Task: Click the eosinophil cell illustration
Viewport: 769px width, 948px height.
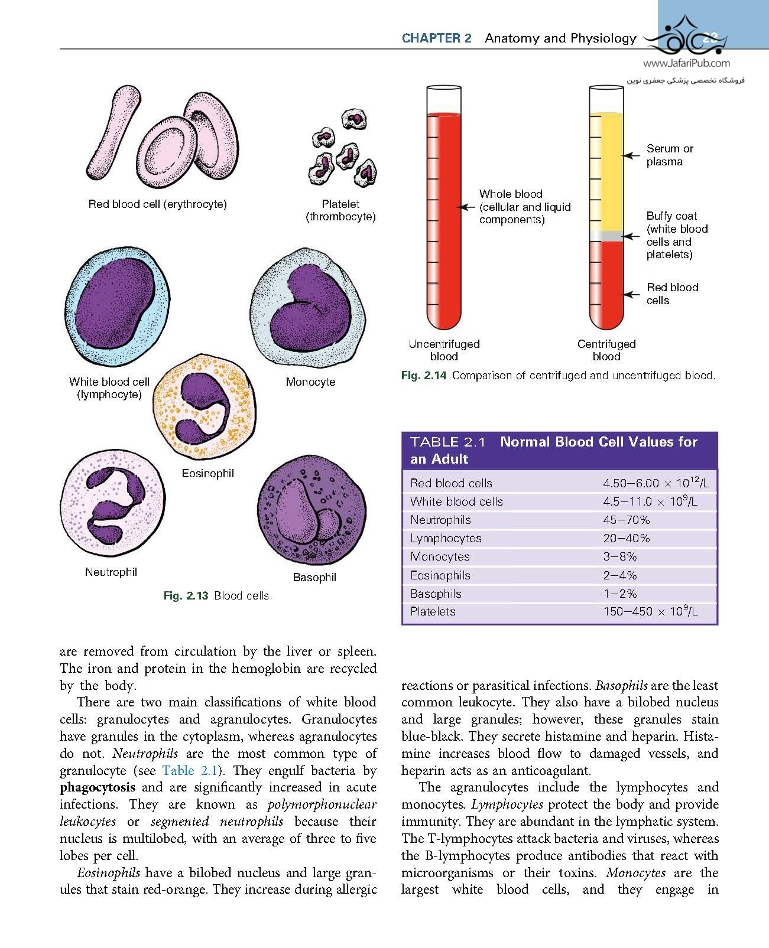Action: coord(206,408)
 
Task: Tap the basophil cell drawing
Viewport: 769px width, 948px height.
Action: coord(312,509)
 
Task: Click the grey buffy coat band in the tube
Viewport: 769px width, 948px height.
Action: coord(606,236)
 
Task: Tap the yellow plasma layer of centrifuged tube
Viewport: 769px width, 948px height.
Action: coord(606,171)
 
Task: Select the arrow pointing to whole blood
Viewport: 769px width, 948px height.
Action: coord(467,207)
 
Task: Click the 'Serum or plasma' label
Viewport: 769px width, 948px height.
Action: coord(669,155)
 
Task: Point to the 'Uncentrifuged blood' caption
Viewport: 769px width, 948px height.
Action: coord(444,350)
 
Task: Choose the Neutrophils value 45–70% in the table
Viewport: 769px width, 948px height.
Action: coord(626,520)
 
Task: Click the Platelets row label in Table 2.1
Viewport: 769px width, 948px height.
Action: coord(433,612)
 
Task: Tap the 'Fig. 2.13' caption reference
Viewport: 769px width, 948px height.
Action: coord(186,596)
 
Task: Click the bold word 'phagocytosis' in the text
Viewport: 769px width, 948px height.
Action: coord(98,788)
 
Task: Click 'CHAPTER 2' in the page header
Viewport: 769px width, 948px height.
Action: coord(436,38)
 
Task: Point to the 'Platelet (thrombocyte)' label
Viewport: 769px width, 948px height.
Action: coord(340,210)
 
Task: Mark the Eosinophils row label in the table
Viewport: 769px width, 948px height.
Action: coord(440,575)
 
